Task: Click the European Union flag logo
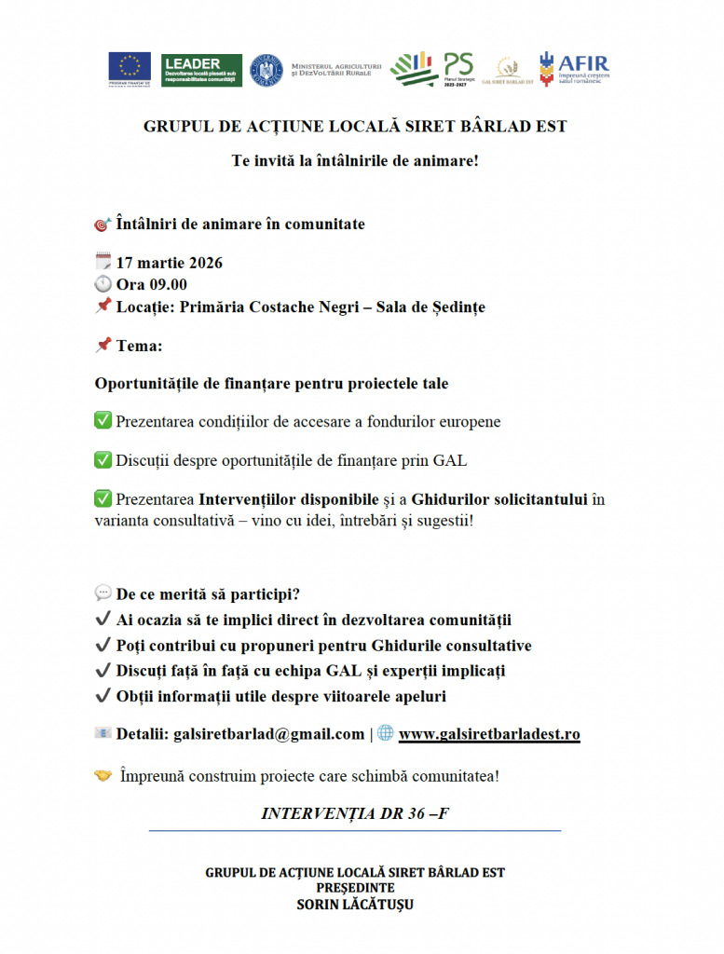tap(130, 69)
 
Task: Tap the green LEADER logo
tap(201, 69)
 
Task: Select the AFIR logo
tap(574, 68)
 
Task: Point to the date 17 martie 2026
tap(169, 263)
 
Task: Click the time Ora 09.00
tap(151, 284)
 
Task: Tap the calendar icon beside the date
tap(103, 263)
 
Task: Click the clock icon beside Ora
tap(103, 284)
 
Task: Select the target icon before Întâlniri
tap(103, 225)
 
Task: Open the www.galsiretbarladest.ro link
tap(489, 734)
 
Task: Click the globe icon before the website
tap(386, 733)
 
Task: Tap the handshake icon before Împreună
tap(103, 775)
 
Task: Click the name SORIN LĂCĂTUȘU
tap(355, 904)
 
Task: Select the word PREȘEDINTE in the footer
tap(355, 888)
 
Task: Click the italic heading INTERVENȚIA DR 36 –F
tap(355, 812)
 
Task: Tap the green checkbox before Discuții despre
tap(103, 459)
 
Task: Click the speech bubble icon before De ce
tap(103, 593)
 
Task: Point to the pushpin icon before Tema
tap(103, 346)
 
